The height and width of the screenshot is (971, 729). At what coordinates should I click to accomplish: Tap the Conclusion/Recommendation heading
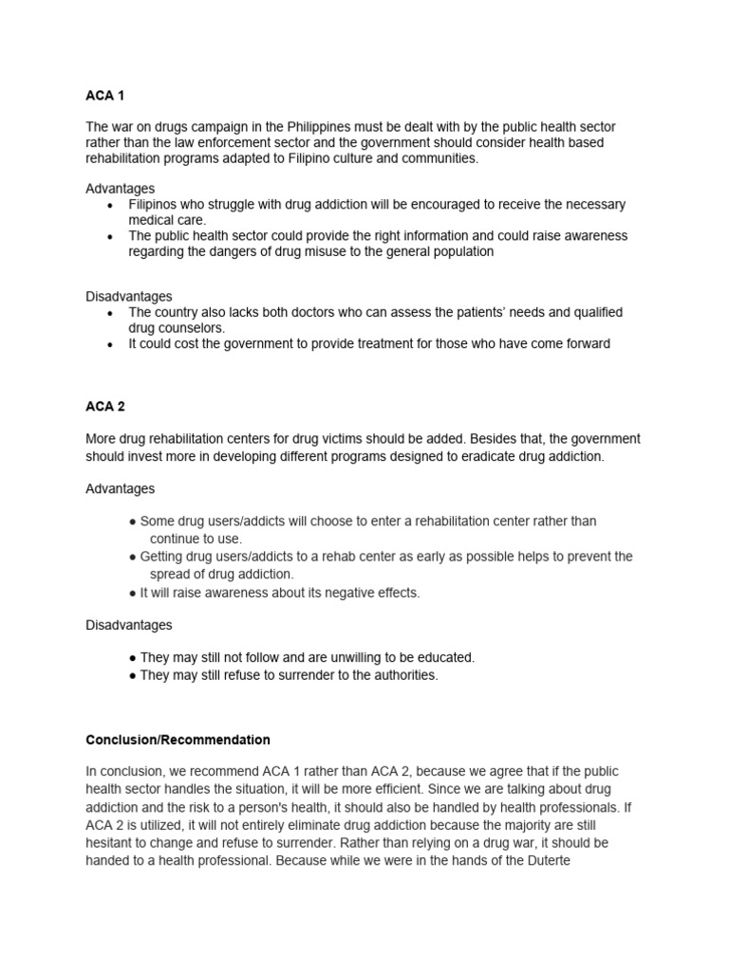[x=178, y=740]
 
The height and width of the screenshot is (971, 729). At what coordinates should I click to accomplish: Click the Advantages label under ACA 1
[x=121, y=189]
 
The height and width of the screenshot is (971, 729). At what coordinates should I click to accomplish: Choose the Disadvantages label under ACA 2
[x=129, y=626]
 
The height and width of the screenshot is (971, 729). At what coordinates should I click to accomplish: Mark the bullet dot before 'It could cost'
[x=112, y=344]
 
